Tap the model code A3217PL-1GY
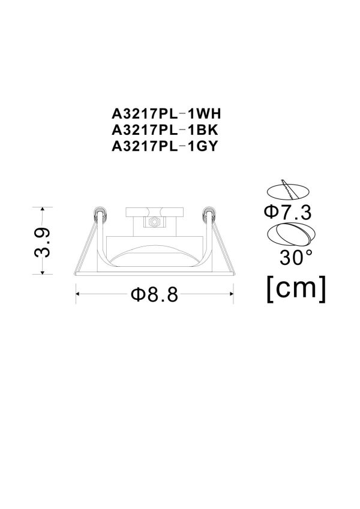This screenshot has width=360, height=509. (163, 145)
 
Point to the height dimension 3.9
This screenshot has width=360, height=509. (43, 241)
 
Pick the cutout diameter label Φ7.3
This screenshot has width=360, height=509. (287, 212)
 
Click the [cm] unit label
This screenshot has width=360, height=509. (296, 288)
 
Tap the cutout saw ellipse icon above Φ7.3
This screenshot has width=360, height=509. (287, 191)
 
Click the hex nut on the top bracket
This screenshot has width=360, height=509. (154, 221)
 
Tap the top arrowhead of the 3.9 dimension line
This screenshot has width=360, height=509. (43, 210)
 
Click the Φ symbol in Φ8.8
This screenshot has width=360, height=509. (136, 294)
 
